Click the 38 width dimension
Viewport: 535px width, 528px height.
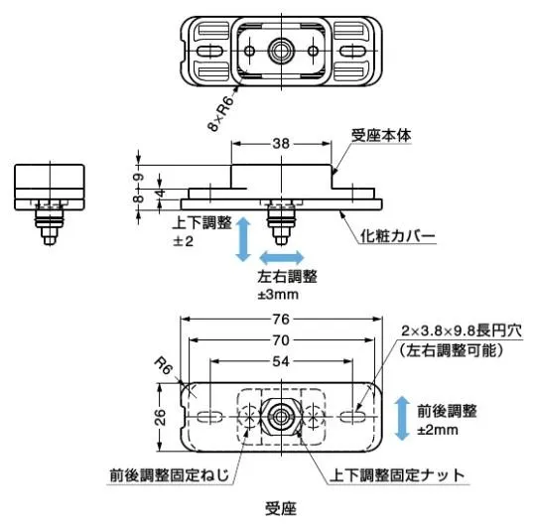tap(281, 144)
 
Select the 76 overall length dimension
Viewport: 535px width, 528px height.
tap(281, 320)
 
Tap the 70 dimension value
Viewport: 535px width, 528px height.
tap(281, 340)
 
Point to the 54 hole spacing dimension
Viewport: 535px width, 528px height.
tap(281, 361)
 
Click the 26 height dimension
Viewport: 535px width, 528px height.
tap(160, 417)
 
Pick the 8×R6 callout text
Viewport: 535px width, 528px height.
tap(221, 113)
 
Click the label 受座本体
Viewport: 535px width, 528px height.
tap(381, 135)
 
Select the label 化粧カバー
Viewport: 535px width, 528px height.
tap(398, 235)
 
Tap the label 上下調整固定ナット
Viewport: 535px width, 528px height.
tap(397, 475)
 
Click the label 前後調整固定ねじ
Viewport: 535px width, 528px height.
tap(170, 475)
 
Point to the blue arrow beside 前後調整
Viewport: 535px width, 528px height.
tap(402, 418)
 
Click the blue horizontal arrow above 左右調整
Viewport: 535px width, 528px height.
tap(282, 257)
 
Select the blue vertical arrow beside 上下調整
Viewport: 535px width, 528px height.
tap(243, 239)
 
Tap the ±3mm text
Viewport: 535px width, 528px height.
tap(278, 295)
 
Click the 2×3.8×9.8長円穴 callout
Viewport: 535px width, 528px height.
tap(462, 330)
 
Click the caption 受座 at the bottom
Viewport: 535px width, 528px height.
tap(281, 508)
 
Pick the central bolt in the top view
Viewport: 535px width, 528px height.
tap(281, 52)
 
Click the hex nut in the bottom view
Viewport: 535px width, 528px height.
tap(281, 417)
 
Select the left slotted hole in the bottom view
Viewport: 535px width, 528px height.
tap(209, 417)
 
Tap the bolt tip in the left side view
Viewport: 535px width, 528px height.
tap(50, 240)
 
